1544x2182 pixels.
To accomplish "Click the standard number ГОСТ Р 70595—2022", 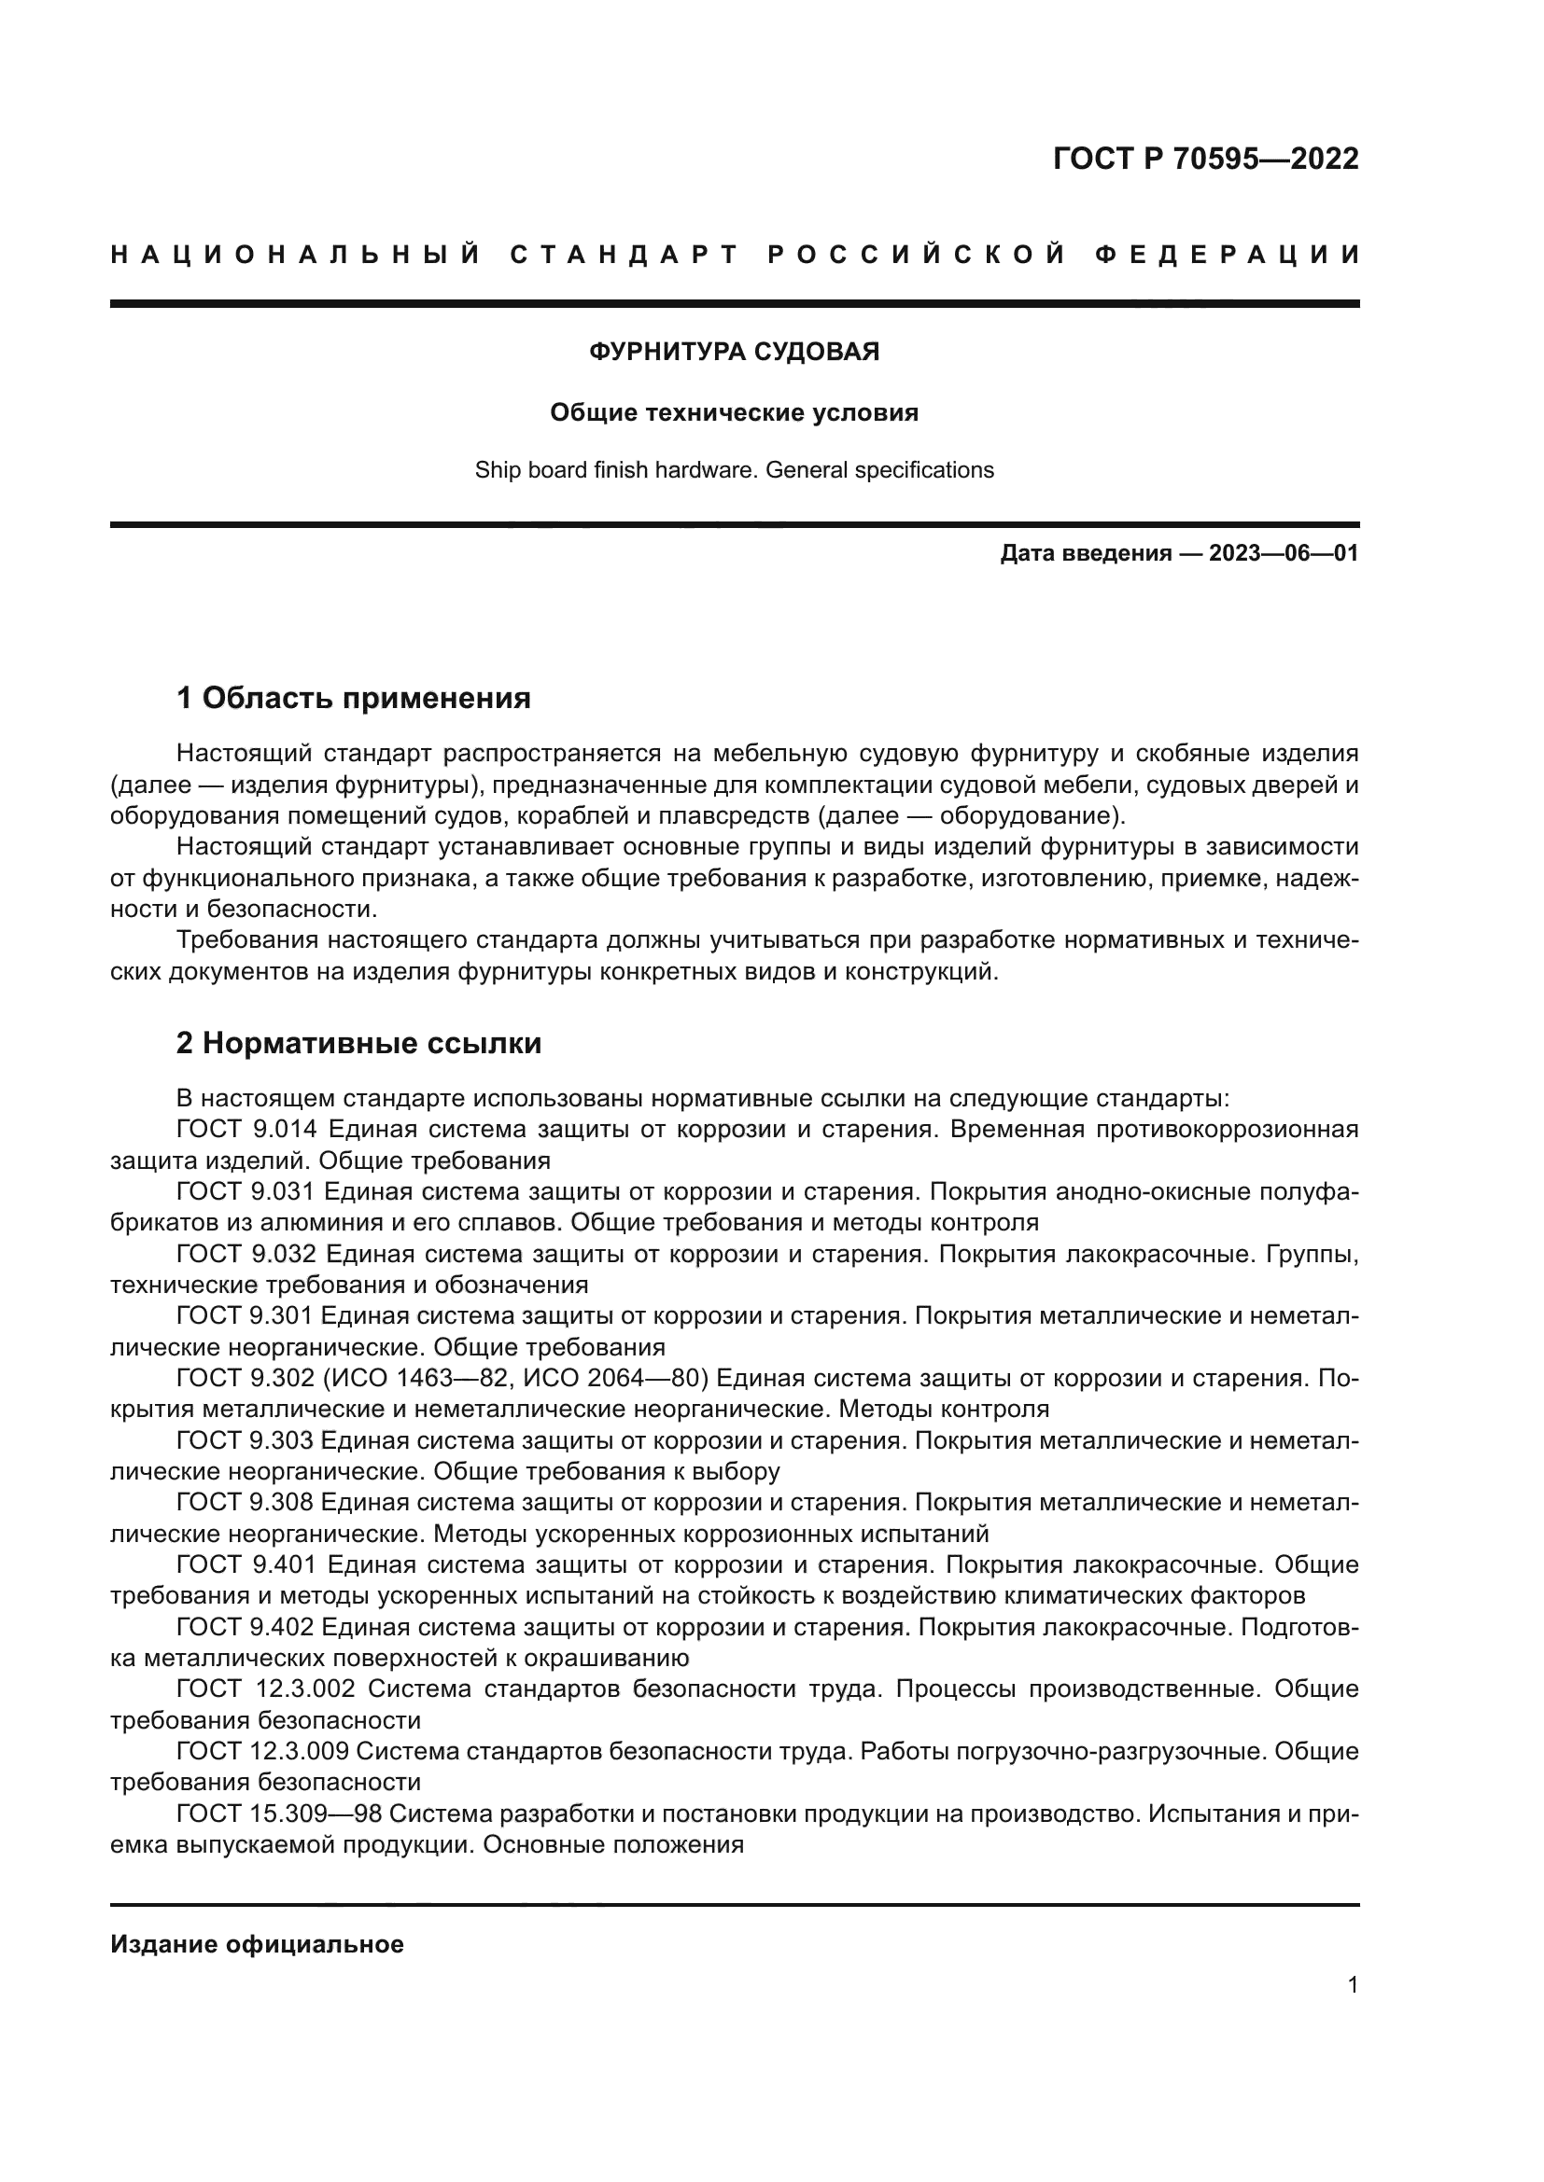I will [x=1204, y=159].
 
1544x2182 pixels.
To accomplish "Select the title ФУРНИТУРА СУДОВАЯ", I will [x=734, y=352].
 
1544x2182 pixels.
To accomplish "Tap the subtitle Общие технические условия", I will [x=734, y=412].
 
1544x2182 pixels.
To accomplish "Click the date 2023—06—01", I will [x=1284, y=553].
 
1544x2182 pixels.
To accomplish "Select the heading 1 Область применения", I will [x=353, y=699].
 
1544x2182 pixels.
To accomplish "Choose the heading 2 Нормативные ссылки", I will [x=358, y=1044].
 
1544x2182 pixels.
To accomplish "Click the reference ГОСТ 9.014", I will [x=245, y=1130].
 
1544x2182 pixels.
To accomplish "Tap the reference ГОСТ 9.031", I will [x=245, y=1191].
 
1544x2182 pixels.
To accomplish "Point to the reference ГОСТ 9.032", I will [x=245, y=1255].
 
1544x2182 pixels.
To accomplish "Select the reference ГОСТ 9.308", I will [x=245, y=1504].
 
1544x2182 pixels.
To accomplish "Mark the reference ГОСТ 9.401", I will [x=245, y=1565].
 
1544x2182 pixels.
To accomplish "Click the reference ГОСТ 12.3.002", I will [x=265, y=1689].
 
